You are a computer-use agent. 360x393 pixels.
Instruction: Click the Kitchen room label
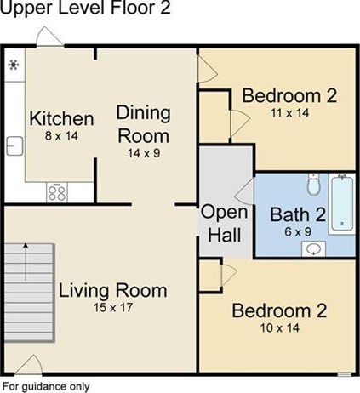click(61, 118)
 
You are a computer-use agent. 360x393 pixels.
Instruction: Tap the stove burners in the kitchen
click(57, 192)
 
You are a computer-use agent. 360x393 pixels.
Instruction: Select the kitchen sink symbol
click(14, 145)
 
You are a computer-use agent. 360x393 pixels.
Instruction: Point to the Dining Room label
click(144, 124)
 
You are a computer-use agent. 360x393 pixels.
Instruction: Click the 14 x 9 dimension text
click(144, 153)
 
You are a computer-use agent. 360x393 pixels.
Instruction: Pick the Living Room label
click(113, 291)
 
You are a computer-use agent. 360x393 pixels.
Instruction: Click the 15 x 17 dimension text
click(113, 308)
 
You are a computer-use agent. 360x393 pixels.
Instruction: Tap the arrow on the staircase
click(26, 262)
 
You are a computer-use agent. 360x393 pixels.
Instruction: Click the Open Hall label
click(224, 224)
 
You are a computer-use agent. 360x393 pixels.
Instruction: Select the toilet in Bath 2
click(314, 185)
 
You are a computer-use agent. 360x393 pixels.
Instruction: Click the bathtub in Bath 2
click(342, 203)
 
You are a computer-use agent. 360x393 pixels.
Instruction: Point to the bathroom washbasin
click(313, 249)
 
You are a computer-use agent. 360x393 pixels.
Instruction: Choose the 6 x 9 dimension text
click(298, 232)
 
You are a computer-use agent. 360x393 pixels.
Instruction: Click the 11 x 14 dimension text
click(289, 113)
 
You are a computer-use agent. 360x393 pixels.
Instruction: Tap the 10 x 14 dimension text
click(280, 328)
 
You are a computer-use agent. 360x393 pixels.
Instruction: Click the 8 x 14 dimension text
click(61, 136)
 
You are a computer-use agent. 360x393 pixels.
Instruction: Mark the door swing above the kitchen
click(49, 37)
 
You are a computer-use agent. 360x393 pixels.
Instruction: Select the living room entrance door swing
click(28, 364)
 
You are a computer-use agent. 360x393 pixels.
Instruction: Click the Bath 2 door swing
click(244, 191)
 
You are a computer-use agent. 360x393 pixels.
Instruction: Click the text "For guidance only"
click(46, 386)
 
